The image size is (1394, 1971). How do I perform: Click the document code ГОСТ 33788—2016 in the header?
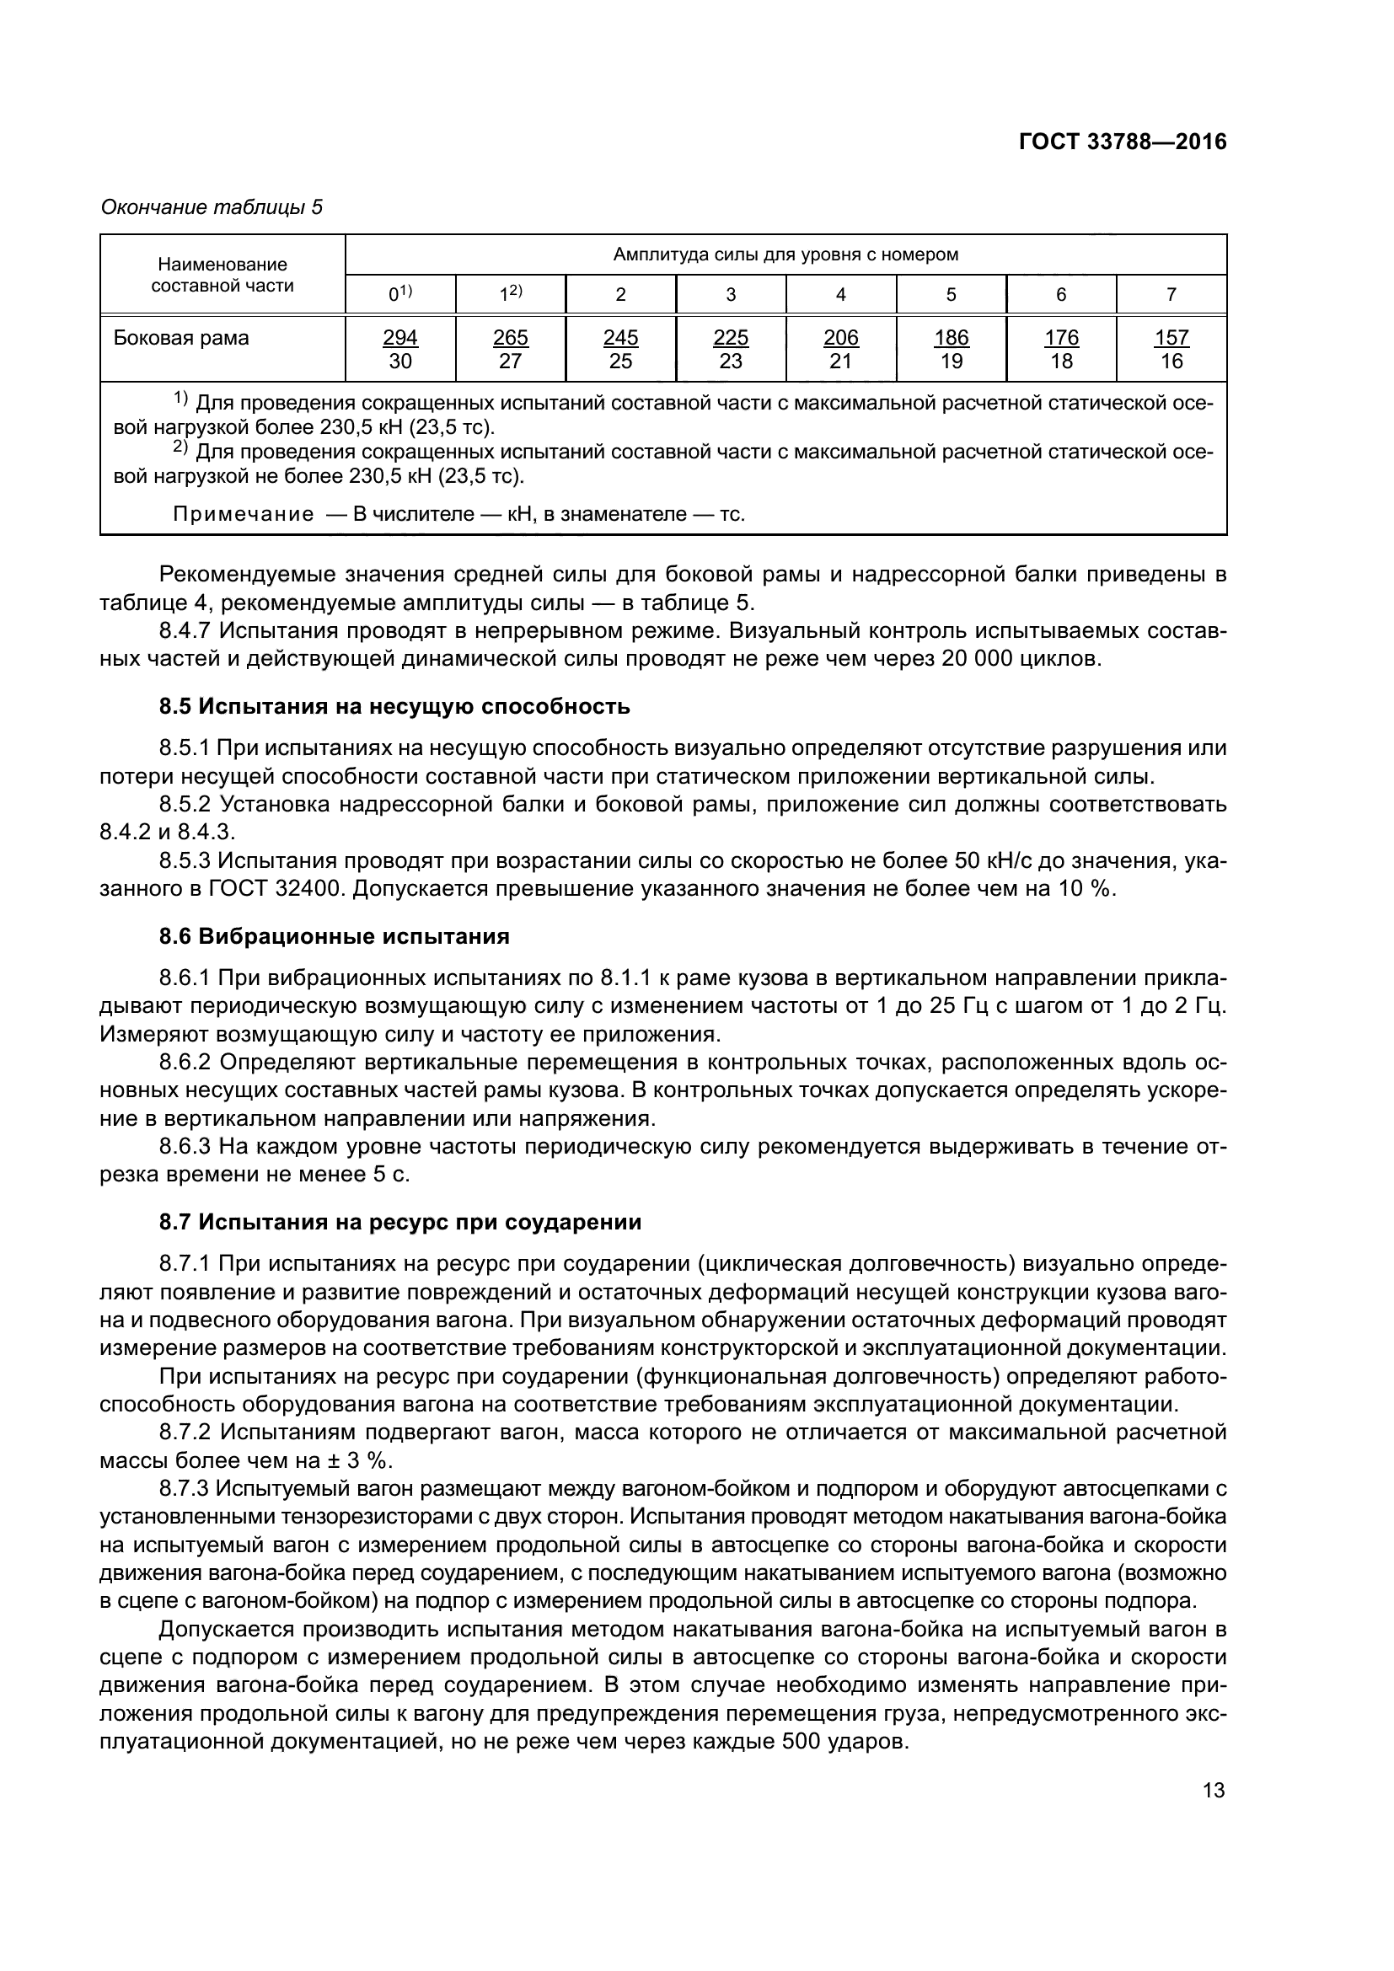pyautogui.click(x=1122, y=142)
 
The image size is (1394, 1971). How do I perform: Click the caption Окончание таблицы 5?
pyautogui.click(x=212, y=207)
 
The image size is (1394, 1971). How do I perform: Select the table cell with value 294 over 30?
pyautogui.click(x=400, y=349)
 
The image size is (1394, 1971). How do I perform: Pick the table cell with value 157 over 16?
pyautogui.click(x=1171, y=349)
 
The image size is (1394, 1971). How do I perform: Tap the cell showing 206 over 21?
pyautogui.click(x=840, y=349)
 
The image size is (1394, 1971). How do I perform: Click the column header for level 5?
pyautogui.click(x=951, y=294)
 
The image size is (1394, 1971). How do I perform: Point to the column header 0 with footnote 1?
pyautogui.click(x=400, y=293)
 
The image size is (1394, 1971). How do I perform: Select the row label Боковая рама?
pyautogui.click(x=181, y=337)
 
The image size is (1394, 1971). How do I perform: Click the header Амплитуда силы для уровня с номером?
pyautogui.click(x=785, y=254)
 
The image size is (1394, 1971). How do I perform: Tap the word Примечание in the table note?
pyautogui.click(x=243, y=514)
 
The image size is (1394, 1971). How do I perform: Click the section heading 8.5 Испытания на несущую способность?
pyautogui.click(x=394, y=706)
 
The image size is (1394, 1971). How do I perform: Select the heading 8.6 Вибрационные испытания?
pyautogui.click(x=334, y=936)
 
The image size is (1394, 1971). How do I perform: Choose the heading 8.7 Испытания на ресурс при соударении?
pyautogui.click(x=400, y=1222)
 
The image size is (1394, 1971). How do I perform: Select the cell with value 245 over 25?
pyautogui.click(x=620, y=349)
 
